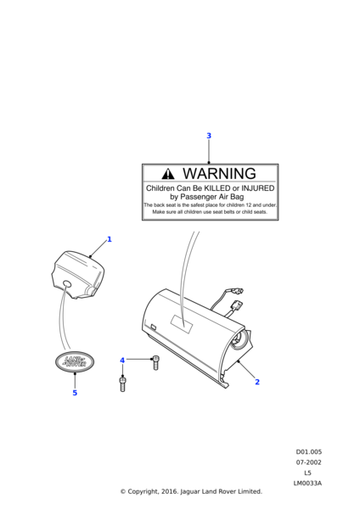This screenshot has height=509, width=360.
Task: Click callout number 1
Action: (110, 239)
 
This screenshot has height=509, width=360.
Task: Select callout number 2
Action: (257, 382)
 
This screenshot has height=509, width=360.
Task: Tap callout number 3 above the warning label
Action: (209, 136)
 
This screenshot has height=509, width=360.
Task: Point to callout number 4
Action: (122, 360)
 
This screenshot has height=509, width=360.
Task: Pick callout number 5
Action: (75, 393)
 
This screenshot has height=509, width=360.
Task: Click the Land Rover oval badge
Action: (75, 362)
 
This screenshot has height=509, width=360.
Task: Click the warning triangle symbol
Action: (167, 174)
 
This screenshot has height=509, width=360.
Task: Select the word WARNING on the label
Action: (219, 173)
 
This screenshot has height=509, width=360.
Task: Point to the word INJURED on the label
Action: (257, 188)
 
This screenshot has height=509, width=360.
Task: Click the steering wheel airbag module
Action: (76, 275)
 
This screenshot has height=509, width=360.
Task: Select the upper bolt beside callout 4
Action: (156, 362)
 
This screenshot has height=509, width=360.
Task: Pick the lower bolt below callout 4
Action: (122, 383)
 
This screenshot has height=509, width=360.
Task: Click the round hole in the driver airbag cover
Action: (67, 284)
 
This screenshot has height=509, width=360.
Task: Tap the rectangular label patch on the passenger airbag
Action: (183, 324)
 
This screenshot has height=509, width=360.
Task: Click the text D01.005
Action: (309, 452)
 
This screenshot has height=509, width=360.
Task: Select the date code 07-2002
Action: (309, 462)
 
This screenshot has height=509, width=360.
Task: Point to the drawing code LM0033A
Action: (307, 483)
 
